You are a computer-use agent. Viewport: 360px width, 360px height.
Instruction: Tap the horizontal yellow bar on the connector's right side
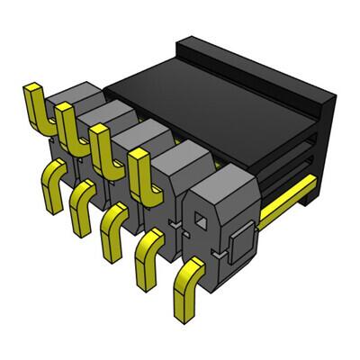tap(288, 199)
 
